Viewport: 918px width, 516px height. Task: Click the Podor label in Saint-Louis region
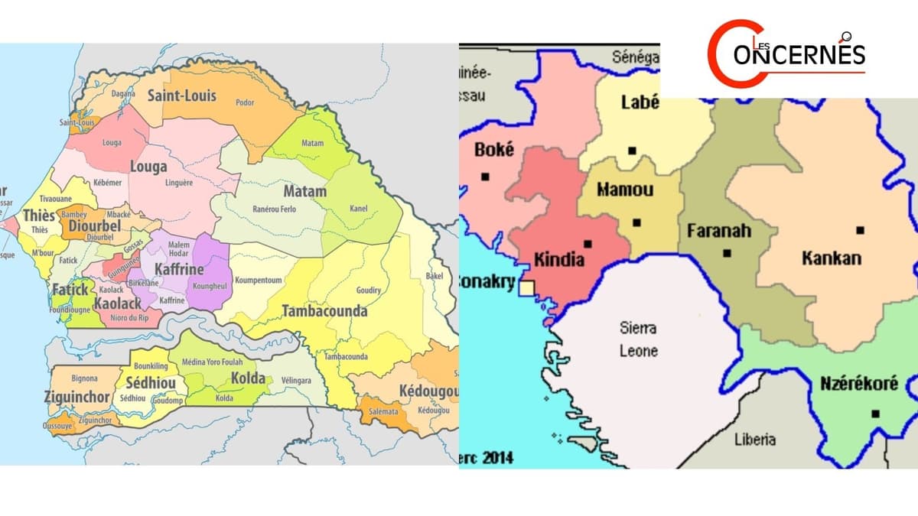pyautogui.click(x=245, y=102)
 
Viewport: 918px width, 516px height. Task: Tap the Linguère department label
pyautogui.click(x=178, y=183)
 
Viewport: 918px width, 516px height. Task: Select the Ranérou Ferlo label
pyautogui.click(x=273, y=209)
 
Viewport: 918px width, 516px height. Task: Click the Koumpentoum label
pyautogui.click(x=258, y=281)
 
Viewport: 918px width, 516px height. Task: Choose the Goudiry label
pyautogui.click(x=369, y=290)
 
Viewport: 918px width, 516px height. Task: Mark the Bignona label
pyautogui.click(x=84, y=378)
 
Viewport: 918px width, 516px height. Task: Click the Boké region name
pyautogui.click(x=493, y=150)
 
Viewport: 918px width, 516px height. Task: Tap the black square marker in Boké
pyautogui.click(x=485, y=177)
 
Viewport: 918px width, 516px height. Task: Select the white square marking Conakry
pyautogui.click(x=526, y=287)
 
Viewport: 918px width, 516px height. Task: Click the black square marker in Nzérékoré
pyautogui.click(x=875, y=414)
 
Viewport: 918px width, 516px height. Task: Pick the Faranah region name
pyautogui.click(x=718, y=230)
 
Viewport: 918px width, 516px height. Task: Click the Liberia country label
pyautogui.click(x=754, y=439)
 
